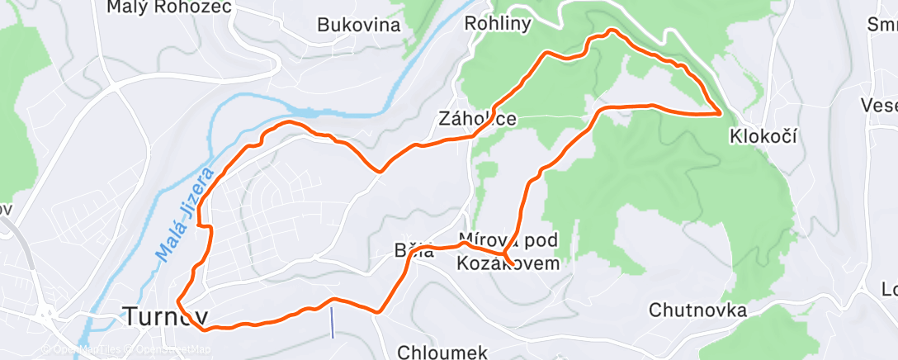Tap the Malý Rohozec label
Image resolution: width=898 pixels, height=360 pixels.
[x=169, y=7]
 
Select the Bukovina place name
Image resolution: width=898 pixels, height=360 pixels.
[x=359, y=25]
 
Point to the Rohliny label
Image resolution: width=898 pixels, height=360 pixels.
[x=498, y=23]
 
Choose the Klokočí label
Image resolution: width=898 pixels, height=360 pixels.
[x=763, y=135]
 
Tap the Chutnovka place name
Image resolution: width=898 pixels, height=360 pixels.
[x=698, y=311]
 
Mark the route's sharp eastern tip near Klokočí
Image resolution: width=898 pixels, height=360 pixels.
[x=722, y=111]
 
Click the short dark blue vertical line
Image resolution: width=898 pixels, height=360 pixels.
[x=332, y=322]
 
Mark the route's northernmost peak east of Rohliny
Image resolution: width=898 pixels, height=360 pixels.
[x=611, y=31]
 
